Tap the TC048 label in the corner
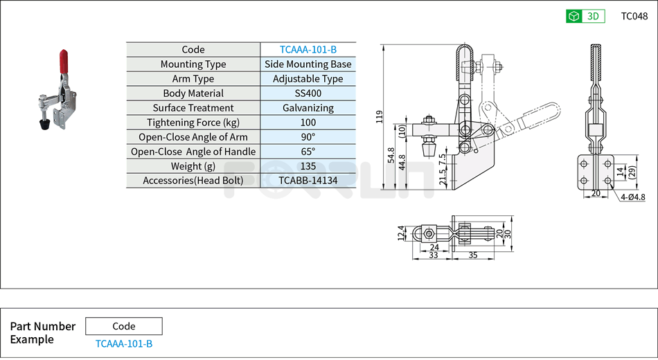tap(634, 16)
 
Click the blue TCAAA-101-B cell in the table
tap(308, 50)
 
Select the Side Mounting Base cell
tap(308, 64)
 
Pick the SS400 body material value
tap(308, 93)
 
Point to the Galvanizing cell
tap(308, 108)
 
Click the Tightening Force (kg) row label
tap(193, 123)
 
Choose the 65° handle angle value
tap(308, 152)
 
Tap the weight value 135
tap(308, 166)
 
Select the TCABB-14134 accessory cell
tap(308, 181)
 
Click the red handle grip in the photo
tap(63, 61)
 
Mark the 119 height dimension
tap(379, 116)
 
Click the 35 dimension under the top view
tap(474, 255)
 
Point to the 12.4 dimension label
tap(401, 233)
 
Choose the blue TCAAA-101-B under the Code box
tap(123, 343)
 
